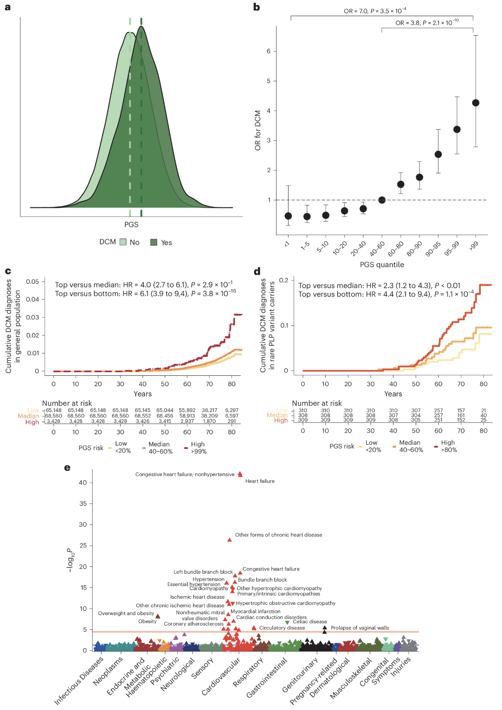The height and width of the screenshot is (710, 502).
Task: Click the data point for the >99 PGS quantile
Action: click(475, 103)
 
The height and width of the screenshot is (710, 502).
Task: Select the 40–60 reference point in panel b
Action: click(382, 200)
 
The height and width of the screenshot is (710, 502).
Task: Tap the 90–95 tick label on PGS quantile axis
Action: click(433, 249)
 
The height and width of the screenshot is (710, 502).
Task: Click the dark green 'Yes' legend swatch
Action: click(154, 243)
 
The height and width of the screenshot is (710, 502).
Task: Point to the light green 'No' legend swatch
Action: click(123, 242)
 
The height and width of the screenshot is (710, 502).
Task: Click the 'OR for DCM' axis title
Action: click(258, 130)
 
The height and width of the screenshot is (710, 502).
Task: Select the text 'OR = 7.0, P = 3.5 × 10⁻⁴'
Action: click(375, 11)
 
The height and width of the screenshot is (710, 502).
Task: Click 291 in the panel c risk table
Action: click(232, 421)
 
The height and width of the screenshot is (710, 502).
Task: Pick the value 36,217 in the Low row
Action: click(210, 410)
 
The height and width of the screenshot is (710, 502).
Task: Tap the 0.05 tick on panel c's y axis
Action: click(32, 282)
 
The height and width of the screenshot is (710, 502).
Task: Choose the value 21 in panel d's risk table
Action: click(484, 410)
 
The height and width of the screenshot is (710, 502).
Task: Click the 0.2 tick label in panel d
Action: click(284, 280)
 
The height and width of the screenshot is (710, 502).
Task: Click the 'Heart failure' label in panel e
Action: click(260, 481)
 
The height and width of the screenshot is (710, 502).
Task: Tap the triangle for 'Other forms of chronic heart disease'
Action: click(229, 540)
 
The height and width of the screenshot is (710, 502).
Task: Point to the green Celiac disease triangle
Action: click(287, 623)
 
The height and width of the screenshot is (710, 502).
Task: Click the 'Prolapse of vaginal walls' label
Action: click(360, 628)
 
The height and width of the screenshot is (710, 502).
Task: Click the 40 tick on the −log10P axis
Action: click(82, 483)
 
